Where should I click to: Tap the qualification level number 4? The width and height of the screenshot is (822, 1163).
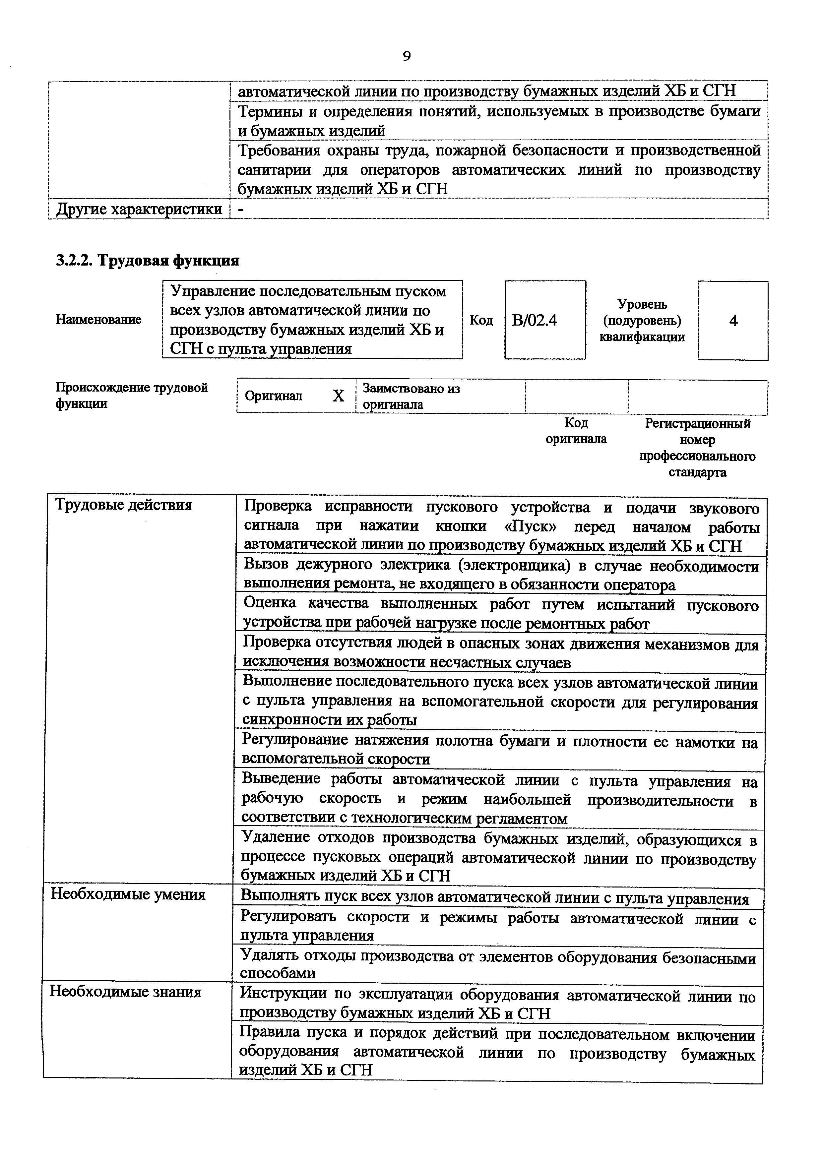pos(733,321)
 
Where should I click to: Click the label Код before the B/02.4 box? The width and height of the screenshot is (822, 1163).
pos(481,320)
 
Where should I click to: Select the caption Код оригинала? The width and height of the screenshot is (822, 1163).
pos(576,431)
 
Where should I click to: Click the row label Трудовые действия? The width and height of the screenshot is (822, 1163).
pos(123,505)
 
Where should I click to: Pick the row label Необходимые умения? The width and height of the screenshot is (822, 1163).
pos(128,894)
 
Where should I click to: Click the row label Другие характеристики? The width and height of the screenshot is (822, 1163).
pos(139,209)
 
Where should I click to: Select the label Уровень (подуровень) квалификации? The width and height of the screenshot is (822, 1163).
pos(642,321)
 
